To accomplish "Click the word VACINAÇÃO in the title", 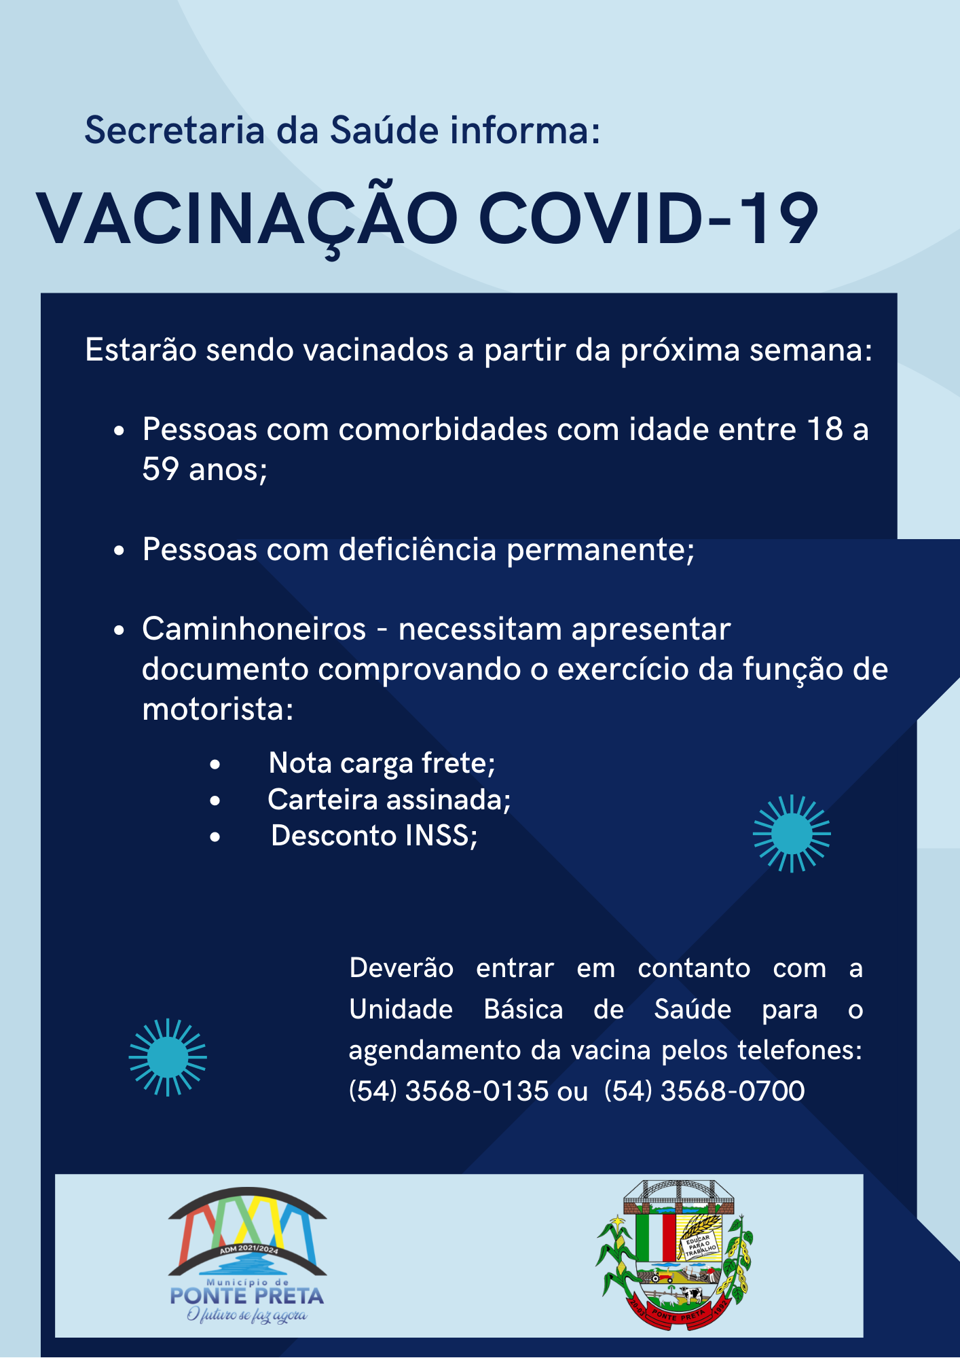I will pyautogui.click(x=247, y=220).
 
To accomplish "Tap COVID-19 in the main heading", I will pyautogui.click(x=648, y=219).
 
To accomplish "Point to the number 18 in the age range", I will pyautogui.click(x=825, y=430).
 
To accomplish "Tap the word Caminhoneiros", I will pyautogui.click(x=254, y=629).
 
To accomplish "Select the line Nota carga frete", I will pyautogui.click(x=382, y=763).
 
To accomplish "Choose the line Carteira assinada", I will pyautogui.click(x=389, y=800).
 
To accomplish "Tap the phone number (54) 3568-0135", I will pyautogui.click(x=448, y=1091).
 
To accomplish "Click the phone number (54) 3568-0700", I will pyautogui.click(x=704, y=1091).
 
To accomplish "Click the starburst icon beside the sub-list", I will pyautogui.click(x=792, y=833).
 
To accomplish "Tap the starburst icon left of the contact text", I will pyautogui.click(x=168, y=1057).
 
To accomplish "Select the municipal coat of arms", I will pyautogui.click(x=676, y=1255).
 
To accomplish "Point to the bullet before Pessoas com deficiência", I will pyautogui.click(x=119, y=551).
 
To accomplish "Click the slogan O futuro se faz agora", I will pyautogui.click(x=247, y=1315).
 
